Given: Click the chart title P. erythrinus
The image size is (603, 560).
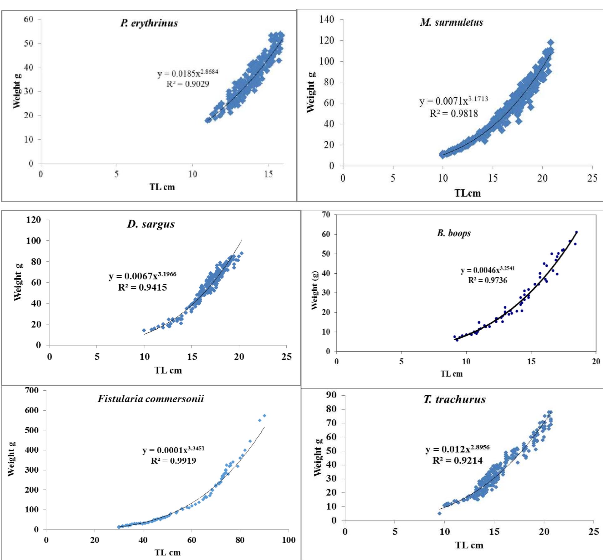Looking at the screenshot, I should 149,23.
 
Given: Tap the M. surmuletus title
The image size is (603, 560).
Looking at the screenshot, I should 451,22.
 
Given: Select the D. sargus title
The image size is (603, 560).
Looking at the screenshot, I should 151,224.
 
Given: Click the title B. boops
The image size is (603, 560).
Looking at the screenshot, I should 454,233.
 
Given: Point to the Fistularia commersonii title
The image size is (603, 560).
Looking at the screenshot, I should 151,398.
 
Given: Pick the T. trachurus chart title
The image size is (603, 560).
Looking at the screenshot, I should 454,399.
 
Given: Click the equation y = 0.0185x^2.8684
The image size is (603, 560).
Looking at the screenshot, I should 187,73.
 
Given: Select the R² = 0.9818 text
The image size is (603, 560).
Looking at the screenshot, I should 453,113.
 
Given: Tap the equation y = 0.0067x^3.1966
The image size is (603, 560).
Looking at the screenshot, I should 142,276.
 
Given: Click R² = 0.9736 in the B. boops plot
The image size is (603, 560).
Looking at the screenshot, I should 487,280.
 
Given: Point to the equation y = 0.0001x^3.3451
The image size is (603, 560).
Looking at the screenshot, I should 173,450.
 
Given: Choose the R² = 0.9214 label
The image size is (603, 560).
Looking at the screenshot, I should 457,460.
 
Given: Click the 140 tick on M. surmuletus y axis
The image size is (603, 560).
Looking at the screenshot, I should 326,19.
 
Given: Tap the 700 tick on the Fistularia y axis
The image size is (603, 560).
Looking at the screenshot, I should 32,390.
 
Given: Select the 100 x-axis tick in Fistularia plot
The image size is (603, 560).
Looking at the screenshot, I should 288,540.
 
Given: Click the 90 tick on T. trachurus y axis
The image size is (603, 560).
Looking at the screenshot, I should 331,395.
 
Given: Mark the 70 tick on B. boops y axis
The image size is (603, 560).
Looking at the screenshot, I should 326,215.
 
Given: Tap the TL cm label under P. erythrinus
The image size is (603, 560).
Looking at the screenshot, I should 162,187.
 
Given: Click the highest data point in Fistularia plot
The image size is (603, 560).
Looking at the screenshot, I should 264,416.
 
